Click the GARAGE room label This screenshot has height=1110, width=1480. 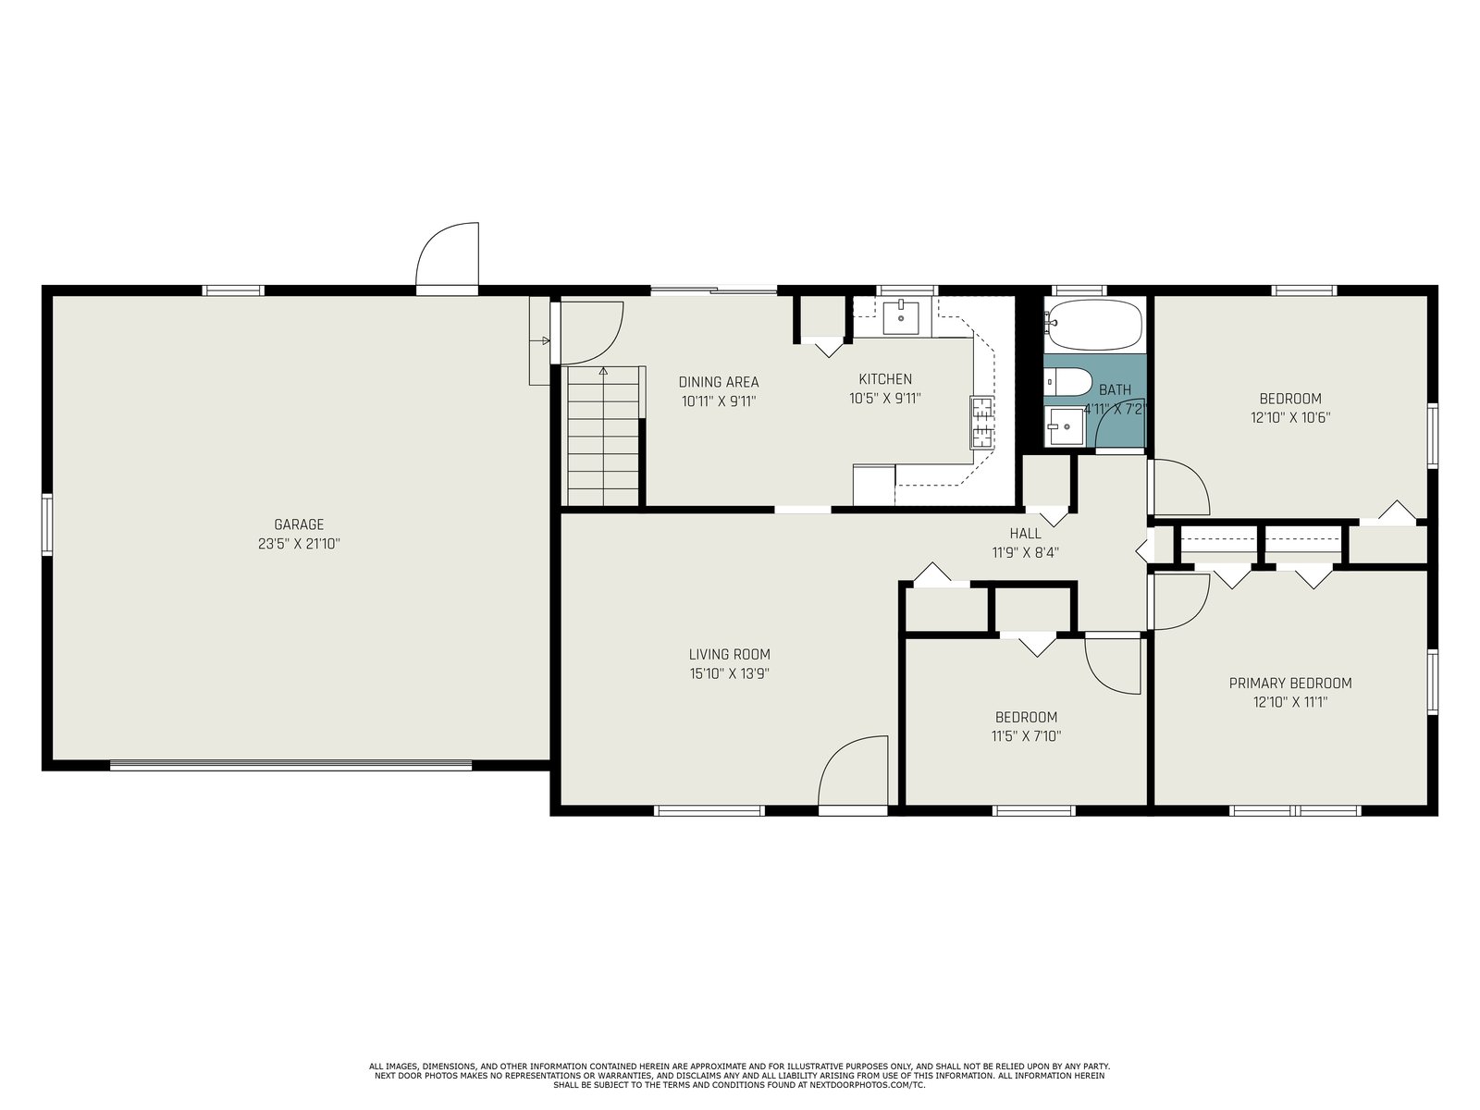click(299, 524)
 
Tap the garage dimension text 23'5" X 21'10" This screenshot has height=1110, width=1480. click(299, 543)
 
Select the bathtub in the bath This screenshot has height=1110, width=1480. click(1093, 323)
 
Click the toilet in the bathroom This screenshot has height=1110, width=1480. click(1067, 382)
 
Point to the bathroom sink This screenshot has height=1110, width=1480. click(1064, 426)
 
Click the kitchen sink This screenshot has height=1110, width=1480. click(901, 318)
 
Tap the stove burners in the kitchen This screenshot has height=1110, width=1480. click(981, 424)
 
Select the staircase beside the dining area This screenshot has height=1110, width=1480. click(603, 436)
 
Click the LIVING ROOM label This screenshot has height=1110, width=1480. click(729, 654)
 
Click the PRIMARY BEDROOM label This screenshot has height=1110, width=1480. click(1289, 683)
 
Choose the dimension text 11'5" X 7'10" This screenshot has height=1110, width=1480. click(1026, 736)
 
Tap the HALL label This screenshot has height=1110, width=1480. click(1025, 533)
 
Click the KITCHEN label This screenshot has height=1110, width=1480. click(884, 378)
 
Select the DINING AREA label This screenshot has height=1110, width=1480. click(718, 382)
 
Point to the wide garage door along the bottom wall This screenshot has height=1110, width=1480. click(290, 764)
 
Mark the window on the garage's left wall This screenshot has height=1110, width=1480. click(47, 524)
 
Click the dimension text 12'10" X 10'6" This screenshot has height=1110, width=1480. click(1289, 417)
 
